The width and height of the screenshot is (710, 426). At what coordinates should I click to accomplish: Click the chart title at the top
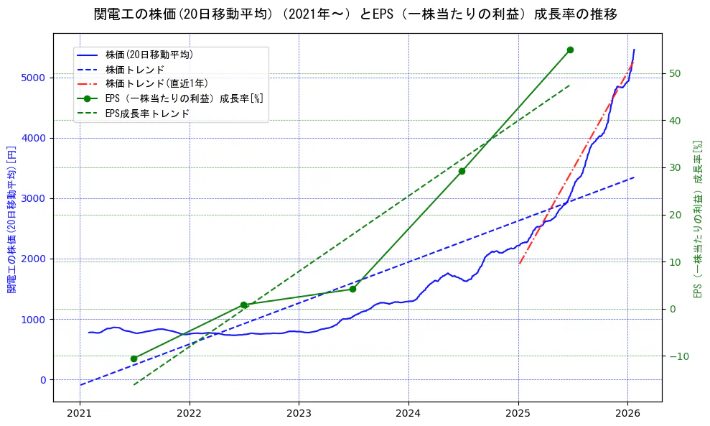(x=355, y=14)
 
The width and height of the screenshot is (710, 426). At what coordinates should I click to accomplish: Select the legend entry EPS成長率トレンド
(x=147, y=113)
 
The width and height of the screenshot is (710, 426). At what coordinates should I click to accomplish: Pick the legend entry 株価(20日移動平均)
(x=149, y=55)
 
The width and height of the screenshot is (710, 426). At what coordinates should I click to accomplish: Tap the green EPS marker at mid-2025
(x=570, y=50)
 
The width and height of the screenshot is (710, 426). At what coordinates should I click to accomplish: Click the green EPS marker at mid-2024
(x=462, y=171)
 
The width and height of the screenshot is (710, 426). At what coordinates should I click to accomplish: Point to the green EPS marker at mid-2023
(x=352, y=289)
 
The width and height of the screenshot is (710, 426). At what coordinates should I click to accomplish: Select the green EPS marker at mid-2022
(x=243, y=305)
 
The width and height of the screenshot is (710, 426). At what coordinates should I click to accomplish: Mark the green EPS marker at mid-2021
(x=134, y=358)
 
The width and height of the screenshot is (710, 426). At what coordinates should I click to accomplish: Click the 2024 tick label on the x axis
(x=408, y=415)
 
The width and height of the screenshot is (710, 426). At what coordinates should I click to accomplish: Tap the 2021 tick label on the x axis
(x=80, y=415)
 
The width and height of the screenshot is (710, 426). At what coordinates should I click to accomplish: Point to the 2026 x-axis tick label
(x=628, y=415)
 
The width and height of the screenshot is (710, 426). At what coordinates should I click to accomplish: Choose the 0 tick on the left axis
(x=42, y=380)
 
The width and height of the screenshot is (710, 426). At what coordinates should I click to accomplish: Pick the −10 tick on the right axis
(x=678, y=356)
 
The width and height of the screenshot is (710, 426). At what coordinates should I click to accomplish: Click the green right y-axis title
(x=696, y=219)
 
